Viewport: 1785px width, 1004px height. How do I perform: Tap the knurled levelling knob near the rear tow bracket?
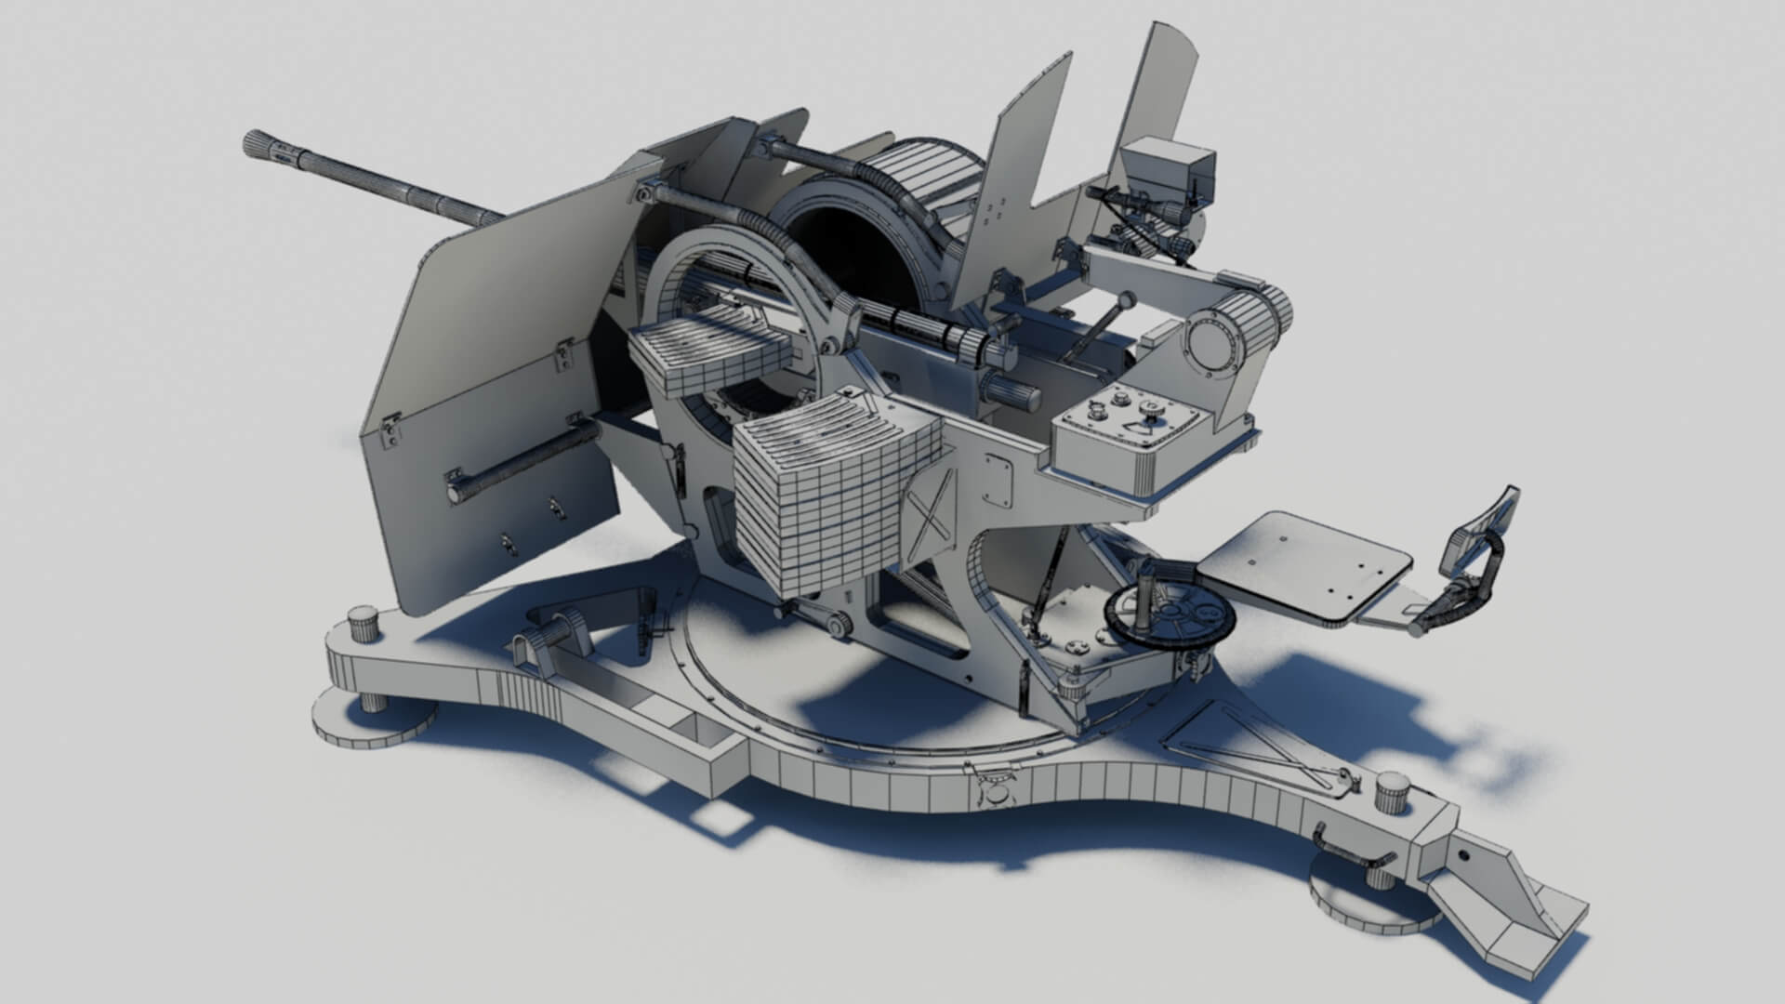tap(1392, 791)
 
